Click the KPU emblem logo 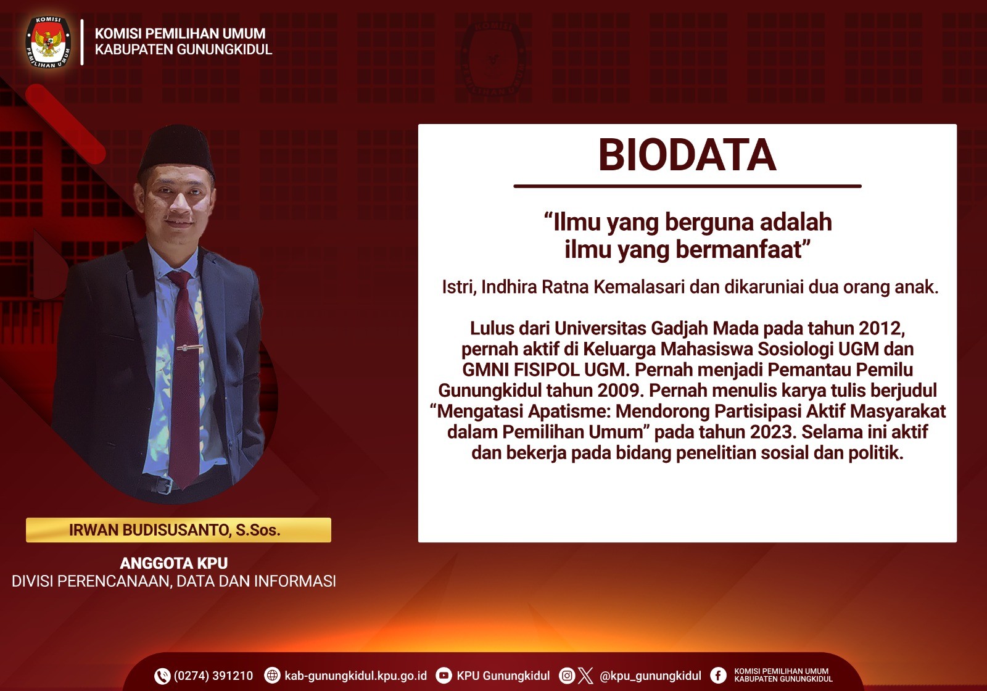[48, 42]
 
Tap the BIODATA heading [687, 155]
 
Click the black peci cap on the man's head [176, 151]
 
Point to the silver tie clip [190, 348]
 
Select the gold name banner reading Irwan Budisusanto [178, 530]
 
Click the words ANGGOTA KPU [174, 563]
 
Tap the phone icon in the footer [162, 676]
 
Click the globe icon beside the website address [272, 676]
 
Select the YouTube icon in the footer [444, 676]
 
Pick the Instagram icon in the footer [567, 676]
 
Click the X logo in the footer [585, 676]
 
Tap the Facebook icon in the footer [718, 676]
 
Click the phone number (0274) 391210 [213, 676]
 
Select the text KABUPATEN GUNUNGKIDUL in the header [183, 49]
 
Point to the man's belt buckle [164, 486]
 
